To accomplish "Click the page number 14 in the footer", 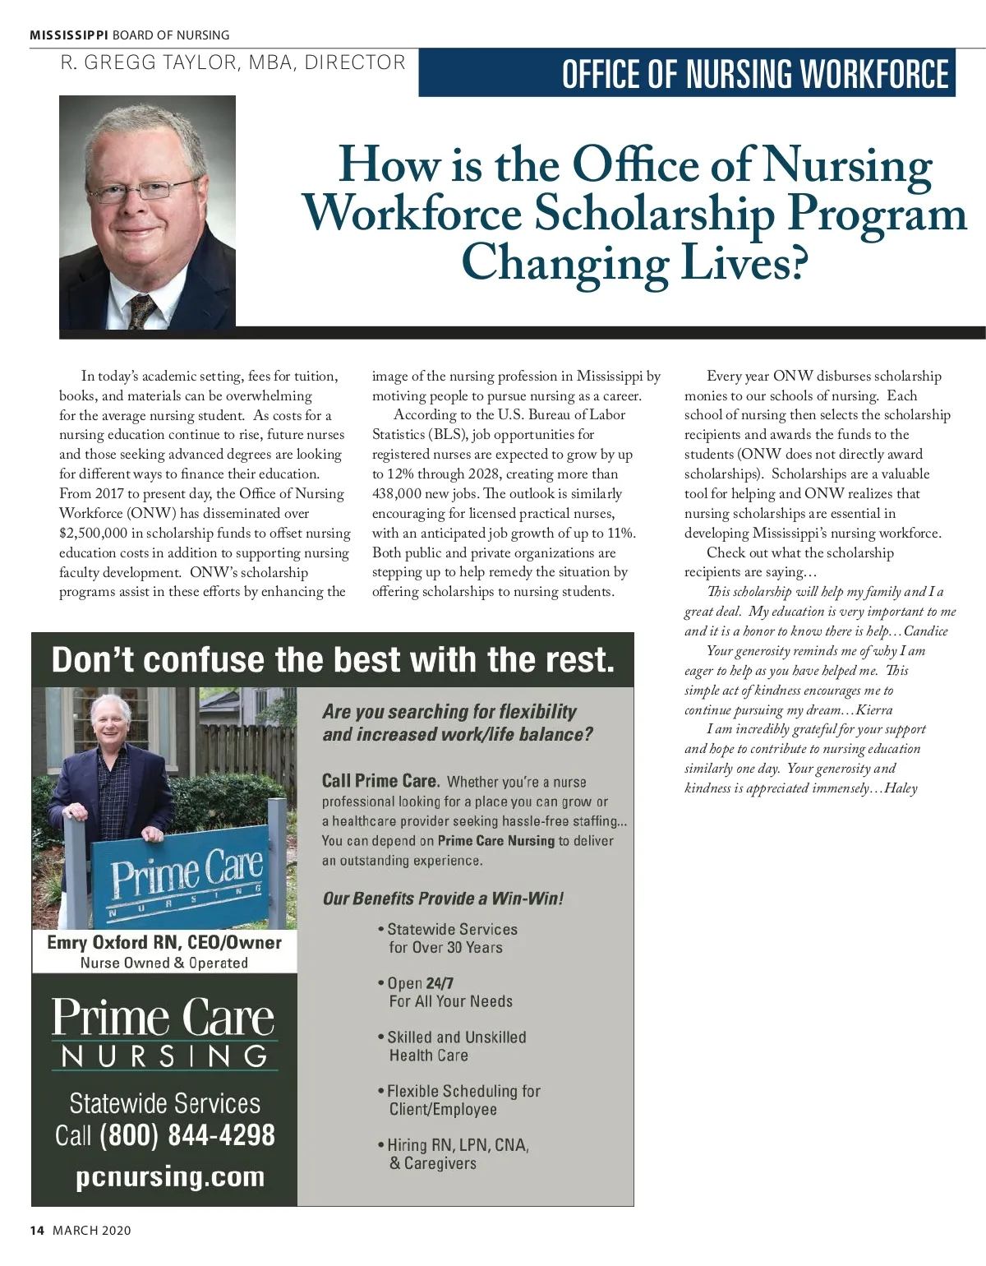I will tap(36, 1231).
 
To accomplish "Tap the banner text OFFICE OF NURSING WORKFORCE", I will tap(754, 74).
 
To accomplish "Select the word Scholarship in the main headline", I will tap(654, 214).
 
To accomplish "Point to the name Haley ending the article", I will tap(901, 789).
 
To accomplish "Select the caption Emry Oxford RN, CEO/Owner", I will tap(164, 943).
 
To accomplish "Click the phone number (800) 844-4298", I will tap(187, 1136).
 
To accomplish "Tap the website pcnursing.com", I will tap(170, 1177).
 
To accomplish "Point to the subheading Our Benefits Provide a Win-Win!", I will tap(443, 899).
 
